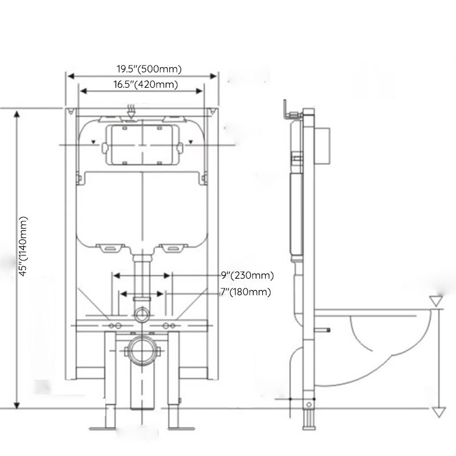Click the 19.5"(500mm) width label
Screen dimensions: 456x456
149,70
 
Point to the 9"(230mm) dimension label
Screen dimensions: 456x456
247,275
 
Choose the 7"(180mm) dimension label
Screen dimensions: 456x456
246,292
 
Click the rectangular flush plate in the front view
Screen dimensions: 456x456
141,145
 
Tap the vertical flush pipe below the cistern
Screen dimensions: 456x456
141,279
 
